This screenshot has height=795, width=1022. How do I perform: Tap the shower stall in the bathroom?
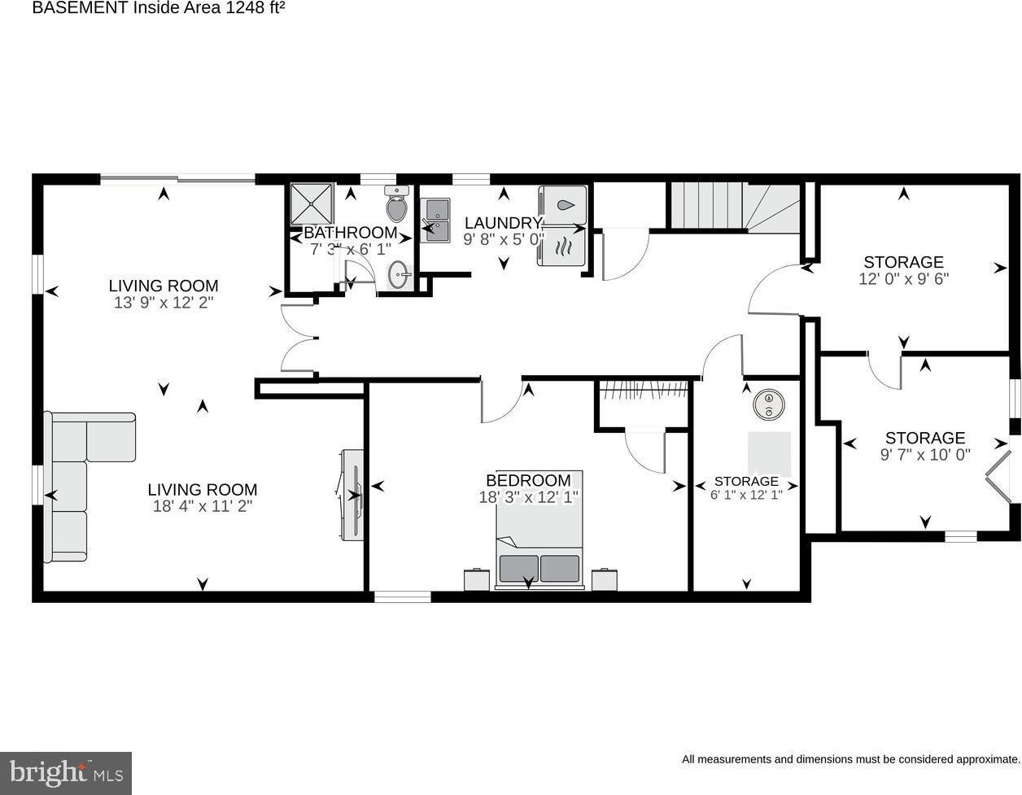[312, 204]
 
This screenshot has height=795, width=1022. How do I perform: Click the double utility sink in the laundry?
[435, 220]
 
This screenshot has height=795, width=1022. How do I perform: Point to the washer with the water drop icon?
[563, 205]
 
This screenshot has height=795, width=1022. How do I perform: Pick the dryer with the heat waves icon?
[563, 247]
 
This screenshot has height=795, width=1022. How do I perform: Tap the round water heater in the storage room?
[769, 404]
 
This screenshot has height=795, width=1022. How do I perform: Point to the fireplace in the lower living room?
[352, 496]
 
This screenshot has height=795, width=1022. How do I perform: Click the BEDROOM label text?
[528, 480]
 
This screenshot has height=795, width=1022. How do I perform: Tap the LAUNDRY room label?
[503, 223]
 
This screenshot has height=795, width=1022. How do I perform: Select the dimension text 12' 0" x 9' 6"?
[903, 279]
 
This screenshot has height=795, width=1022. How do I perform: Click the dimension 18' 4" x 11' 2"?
[203, 506]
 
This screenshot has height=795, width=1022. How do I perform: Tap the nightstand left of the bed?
[477, 579]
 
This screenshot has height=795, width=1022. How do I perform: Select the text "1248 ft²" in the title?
[255, 8]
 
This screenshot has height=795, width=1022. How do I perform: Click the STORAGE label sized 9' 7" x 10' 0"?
[925, 438]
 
